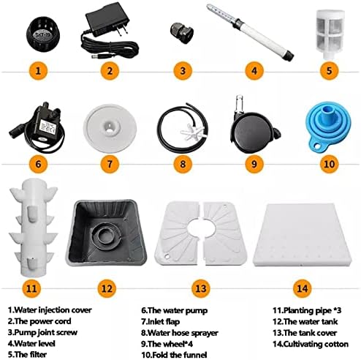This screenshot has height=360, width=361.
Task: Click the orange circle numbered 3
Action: [183, 71]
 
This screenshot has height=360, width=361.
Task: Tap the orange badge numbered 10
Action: [329, 163]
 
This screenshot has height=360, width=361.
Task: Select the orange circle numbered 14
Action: [302, 288]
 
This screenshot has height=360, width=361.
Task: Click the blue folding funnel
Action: [328, 126]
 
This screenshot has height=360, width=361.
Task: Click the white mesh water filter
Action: [330, 34]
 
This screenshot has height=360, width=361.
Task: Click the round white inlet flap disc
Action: [110, 128]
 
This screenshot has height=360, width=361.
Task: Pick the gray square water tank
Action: [107, 233]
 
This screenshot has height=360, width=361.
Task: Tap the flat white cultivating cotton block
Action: [303, 236]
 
